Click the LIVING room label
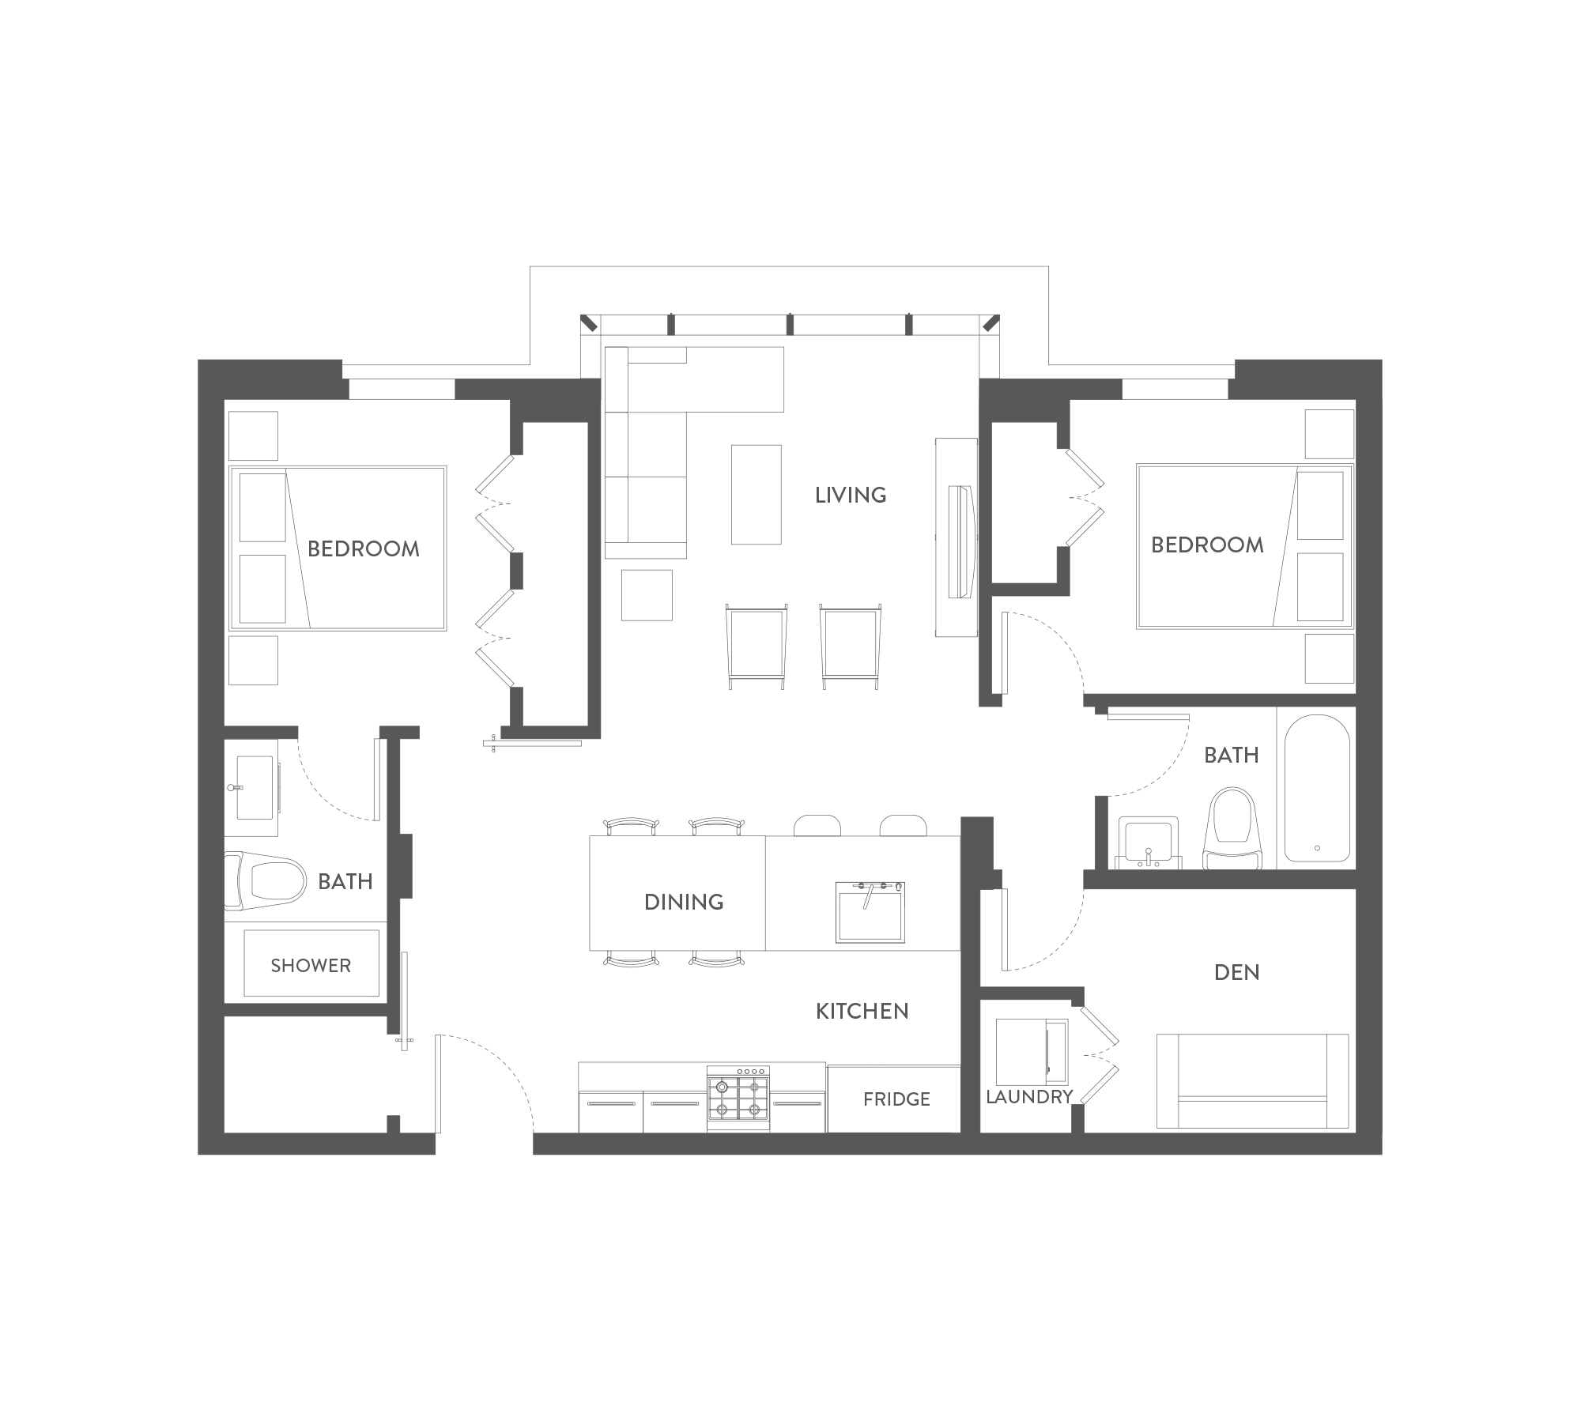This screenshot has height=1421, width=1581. (851, 496)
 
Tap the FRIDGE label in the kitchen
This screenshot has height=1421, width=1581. (896, 1099)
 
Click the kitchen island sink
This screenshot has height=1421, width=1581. (870, 912)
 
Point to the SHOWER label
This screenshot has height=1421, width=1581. (311, 966)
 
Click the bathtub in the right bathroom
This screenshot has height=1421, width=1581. (1316, 788)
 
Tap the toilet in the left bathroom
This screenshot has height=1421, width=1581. (265, 880)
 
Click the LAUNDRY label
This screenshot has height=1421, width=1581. (1029, 1097)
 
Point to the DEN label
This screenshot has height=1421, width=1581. (1237, 973)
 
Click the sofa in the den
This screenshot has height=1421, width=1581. (1252, 1080)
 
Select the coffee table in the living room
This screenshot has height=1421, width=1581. (756, 495)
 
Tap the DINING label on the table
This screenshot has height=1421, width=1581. (684, 903)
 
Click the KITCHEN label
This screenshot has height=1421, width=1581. (862, 1012)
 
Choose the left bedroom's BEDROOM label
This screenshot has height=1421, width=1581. (364, 549)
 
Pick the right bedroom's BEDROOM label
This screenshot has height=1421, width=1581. (1207, 545)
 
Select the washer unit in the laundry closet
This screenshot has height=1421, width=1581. (1032, 1052)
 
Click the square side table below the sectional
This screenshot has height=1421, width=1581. (647, 595)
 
